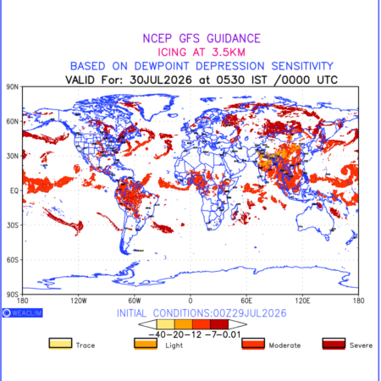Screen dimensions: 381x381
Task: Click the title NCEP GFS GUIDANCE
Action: tap(202, 38)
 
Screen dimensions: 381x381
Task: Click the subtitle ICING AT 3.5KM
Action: tap(202, 52)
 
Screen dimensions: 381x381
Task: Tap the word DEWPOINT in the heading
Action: tap(162, 66)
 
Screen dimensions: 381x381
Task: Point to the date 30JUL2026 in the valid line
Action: tap(161, 80)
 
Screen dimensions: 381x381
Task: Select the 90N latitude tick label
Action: tap(13, 87)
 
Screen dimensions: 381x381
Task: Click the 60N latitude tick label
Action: tap(13, 122)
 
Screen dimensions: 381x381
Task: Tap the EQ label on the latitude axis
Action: tap(14, 190)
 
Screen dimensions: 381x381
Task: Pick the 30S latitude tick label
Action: tap(13, 225)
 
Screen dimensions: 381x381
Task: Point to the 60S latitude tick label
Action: tap(13, 260)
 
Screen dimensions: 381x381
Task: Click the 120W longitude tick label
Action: tap(79, 301)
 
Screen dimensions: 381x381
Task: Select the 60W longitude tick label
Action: tap(135, 301)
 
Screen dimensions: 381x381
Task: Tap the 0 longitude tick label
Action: tap(190, 301)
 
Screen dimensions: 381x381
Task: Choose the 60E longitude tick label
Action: tap(246, 301)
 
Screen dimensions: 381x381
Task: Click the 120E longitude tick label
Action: tap(302, 301)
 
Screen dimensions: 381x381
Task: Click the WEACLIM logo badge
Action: tap(23, 312)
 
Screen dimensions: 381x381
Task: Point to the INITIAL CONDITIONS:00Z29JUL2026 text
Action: tap(202, 313)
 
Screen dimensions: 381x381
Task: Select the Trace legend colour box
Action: tap(60, 344)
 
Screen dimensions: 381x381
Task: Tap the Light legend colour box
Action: tap(146, 344)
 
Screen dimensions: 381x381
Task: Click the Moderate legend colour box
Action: tap(253, 344)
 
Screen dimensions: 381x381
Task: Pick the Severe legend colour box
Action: tap(334, 344)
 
